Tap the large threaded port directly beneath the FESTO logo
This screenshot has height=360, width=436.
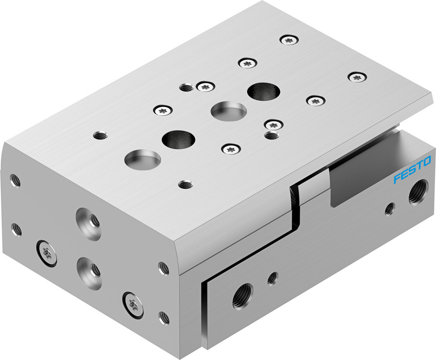coord(418,192)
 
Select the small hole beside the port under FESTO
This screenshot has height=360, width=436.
coord(389,209)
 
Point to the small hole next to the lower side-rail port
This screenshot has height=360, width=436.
coord(273,278)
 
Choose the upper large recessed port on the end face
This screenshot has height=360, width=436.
coord(88,219)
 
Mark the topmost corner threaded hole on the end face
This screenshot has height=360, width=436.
coord(15,180)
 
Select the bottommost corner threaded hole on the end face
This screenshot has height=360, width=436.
coord(164,317)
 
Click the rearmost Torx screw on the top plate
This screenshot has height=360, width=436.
coord(289,40)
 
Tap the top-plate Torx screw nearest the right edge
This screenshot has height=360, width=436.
coord(357,78)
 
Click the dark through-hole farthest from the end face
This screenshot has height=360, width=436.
coord(263,91)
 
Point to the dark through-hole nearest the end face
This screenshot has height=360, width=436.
coord(178,139)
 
